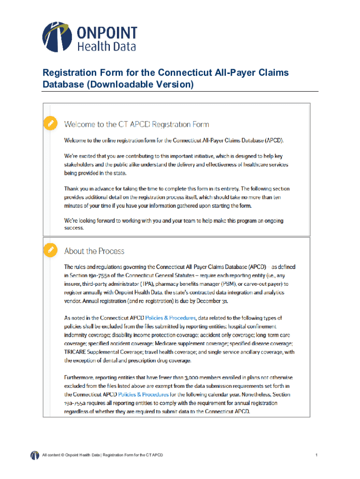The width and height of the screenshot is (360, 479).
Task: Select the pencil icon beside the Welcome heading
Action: (49, 123)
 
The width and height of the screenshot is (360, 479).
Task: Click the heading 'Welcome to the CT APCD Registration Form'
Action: (137, 124)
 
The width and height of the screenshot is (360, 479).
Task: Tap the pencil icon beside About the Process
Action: (49, 249)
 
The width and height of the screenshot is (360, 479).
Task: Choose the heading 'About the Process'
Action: (94, 251)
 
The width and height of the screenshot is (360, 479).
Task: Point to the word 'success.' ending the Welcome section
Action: (74, 228)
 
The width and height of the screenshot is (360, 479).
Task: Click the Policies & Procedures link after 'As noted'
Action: (169, 318)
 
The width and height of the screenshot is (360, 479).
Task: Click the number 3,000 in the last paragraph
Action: (186, 377)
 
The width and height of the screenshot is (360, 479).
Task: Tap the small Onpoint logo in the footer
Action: (35, 455)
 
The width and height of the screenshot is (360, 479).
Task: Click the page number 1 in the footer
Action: (317, 455)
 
